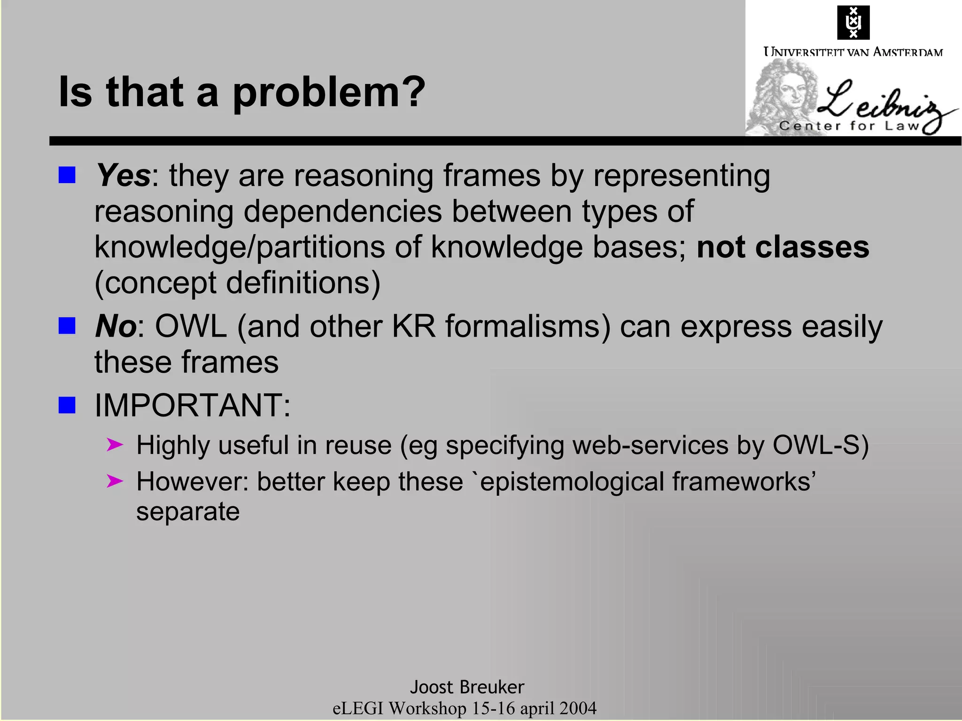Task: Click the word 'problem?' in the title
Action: tap(329, 92)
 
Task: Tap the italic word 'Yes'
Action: tap(123, 176)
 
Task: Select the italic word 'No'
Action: tap(116, 326)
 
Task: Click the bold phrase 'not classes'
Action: tap(783, 247)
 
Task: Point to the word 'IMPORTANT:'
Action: tap(193, 405)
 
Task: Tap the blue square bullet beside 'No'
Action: tap(67, 326)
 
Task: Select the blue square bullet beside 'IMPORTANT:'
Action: tap(67, 405)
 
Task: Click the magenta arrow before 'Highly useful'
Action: tap(115, 445)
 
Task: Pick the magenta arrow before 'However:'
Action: tap(115, 481)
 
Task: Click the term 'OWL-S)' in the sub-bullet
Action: tap(821, 445)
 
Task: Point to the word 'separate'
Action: tap(188, 512)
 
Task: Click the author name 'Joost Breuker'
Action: tap(467, 687)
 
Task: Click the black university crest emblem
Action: tap(853, 23)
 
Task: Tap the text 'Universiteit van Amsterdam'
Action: tap(853, 52)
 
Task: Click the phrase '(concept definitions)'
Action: tap(238, 283)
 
